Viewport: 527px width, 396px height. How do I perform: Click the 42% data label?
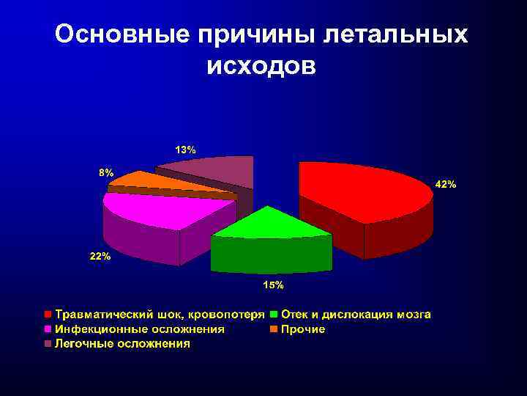click(x=446, y=185)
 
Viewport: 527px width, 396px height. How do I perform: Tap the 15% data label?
click(x=273, y=285)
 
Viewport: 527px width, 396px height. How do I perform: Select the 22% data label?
click(x=100, y=257)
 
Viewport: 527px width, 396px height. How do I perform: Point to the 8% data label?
click(x=106, y=173)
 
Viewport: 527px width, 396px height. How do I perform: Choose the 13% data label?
click(x=184, y=150)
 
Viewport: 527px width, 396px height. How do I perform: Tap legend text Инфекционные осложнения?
click(x=139, y=329)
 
